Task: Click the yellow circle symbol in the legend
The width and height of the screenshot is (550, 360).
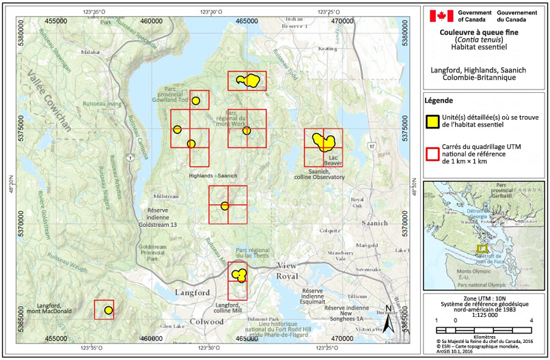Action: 432,122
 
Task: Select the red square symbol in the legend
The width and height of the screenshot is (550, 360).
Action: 432,155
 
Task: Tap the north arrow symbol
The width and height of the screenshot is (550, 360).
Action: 387,318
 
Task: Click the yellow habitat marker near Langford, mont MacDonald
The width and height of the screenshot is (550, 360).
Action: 108,310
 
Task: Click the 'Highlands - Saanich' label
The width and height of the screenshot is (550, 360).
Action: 213,176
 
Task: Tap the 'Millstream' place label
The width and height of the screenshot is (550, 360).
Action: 167,195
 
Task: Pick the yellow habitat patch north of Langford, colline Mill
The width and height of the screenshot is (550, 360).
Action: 239,275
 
